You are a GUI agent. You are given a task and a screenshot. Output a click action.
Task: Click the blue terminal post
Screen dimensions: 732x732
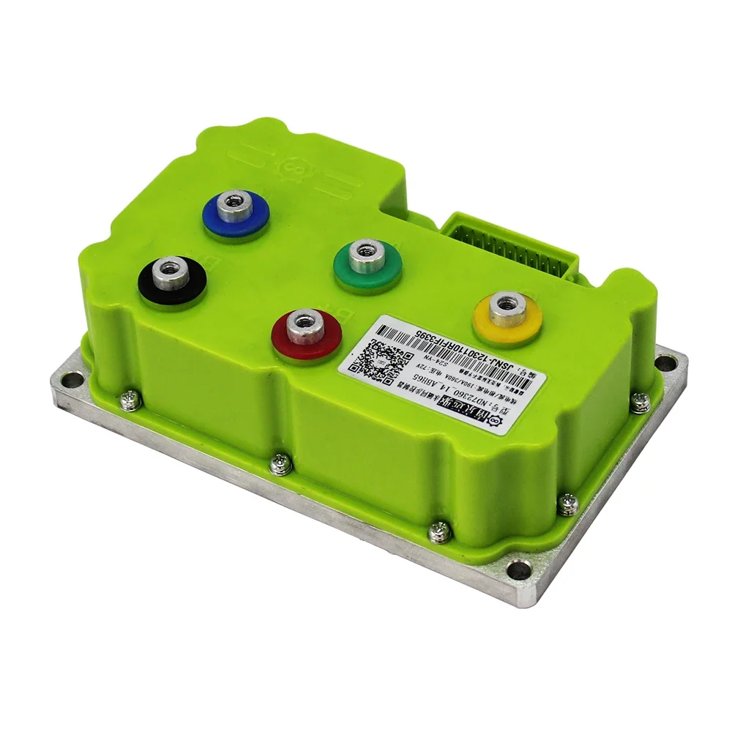236,212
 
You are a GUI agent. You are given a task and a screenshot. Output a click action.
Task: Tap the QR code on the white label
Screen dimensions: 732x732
376,358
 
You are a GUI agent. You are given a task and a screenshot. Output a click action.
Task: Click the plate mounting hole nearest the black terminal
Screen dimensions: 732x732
70,379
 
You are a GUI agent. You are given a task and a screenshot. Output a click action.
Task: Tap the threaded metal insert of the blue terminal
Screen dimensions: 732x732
236,199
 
